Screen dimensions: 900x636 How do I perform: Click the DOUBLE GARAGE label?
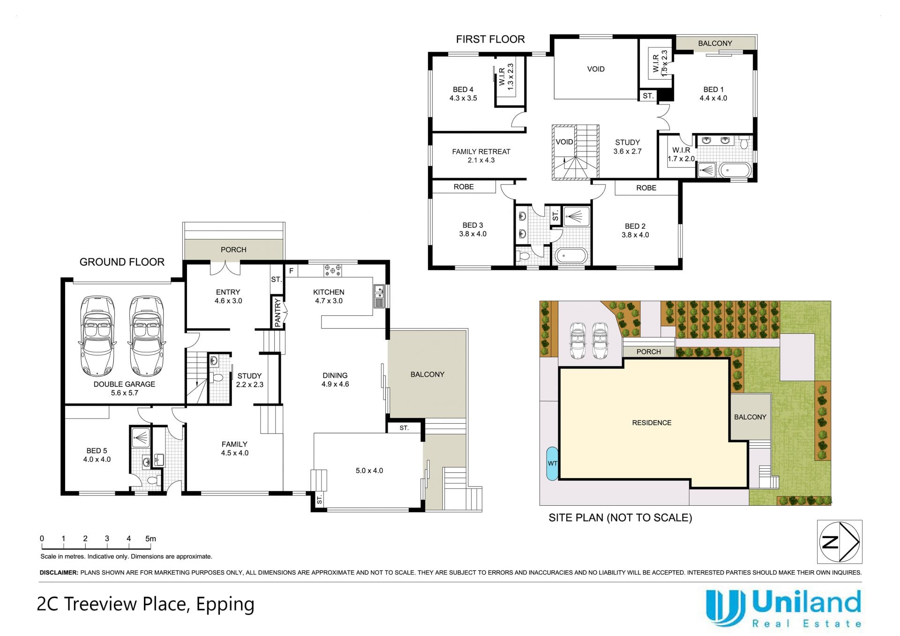[x=124, y=384]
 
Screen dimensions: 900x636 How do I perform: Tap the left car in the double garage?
[x=97, y=336]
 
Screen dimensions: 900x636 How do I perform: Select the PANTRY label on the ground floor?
[x=277, y=313]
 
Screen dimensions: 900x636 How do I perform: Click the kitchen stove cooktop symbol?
[x=333, y=270]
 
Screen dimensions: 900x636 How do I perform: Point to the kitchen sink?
[x=379, y=296]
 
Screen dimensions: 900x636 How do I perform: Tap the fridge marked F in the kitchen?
[x=291, y=271]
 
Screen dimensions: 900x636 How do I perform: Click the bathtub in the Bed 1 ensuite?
[x=735, y=170]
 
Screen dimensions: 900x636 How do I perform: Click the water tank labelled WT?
[x=552, y=464]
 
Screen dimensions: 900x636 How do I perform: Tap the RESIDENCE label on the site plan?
[x=652, y=423]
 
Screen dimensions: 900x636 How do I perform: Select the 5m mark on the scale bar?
[x=150, y=539]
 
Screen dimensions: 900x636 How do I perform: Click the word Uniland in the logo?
[x=806, y=603]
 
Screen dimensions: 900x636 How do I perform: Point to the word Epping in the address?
[x=225, y=605]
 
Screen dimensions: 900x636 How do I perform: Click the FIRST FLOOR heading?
[x=490, y=39]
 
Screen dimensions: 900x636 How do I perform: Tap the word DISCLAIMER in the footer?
[x=59, y=573]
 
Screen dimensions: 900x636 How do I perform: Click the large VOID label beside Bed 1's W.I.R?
[x=596, y=69]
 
